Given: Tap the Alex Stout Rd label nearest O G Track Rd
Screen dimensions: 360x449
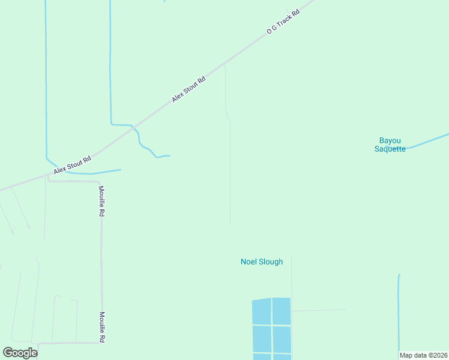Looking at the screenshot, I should point(188,89).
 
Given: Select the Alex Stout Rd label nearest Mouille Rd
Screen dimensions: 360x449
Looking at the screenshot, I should point(72,166).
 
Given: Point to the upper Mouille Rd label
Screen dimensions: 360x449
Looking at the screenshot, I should point(102,201).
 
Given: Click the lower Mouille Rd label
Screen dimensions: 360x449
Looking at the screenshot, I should point(103,326).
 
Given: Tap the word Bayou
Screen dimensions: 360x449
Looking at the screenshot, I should point(390,140).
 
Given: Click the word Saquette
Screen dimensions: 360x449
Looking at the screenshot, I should point(390,149).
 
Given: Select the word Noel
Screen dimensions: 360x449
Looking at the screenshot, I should point(250,262).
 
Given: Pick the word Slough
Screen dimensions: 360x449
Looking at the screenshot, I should point(272,262).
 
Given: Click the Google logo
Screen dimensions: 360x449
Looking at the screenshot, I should point(20,353).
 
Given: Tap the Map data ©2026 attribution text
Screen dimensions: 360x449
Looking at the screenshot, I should point(423,355).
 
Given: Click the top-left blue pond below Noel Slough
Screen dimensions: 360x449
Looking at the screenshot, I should point(262,311).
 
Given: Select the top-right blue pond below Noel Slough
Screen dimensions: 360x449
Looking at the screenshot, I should point(282,311).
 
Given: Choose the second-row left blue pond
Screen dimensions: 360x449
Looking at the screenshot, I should point(262,339).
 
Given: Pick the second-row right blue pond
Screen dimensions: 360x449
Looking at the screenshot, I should point(282,339).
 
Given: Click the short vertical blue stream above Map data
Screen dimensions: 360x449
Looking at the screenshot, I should point(399,312).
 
